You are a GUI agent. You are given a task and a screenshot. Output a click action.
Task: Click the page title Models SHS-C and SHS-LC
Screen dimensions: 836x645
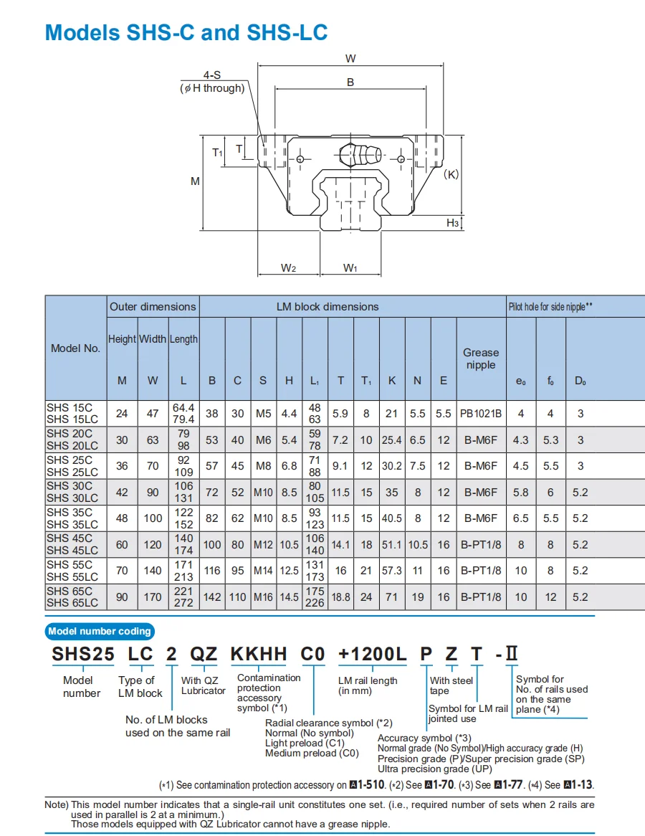(x=186, y=32)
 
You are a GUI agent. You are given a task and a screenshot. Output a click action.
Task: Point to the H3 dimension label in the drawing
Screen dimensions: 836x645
(x=453, y=223)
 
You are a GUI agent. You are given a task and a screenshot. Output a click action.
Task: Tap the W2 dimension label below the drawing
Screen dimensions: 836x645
(x=288, y=267)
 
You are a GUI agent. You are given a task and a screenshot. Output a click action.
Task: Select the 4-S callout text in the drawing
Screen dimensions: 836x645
(x=212, y=75)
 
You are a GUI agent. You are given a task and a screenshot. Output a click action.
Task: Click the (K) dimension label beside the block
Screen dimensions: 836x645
(x=451, y=174)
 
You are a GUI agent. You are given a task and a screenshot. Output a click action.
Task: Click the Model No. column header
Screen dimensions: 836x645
(x=75, y=348)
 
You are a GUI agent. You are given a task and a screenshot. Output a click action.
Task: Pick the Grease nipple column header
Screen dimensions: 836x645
(x=481, y=358)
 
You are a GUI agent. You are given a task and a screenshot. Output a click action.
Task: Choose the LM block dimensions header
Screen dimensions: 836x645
(x=328, y=306)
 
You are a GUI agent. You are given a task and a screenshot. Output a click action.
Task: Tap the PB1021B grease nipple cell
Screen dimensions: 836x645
(x=481, y=414)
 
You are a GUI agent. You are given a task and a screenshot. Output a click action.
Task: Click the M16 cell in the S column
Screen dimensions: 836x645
(x=263, y=597)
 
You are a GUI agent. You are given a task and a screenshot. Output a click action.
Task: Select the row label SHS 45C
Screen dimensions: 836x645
(x=70, y=538)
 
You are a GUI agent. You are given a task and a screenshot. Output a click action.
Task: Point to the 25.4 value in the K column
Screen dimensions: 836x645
(x=391, y=440)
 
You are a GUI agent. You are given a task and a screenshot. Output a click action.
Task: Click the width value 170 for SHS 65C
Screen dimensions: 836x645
(x=153, y=597)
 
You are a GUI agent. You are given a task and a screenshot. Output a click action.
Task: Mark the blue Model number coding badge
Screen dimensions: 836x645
(x=100, y=631)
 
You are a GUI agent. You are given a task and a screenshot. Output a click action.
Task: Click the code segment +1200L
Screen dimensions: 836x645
(x=373, y=654)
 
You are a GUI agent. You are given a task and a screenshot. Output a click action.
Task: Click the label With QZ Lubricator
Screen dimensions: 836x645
(x=203, y=685)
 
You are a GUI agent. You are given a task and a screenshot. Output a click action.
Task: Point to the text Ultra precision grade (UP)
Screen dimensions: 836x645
(x=434, y=769)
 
